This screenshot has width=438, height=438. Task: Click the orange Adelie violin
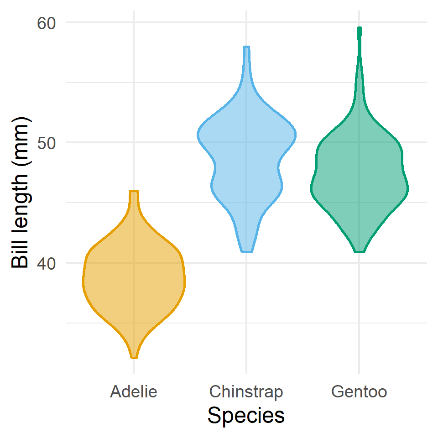(134, 283)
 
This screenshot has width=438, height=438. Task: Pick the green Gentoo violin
(360, 178)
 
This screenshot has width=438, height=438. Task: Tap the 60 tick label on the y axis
(46, 22)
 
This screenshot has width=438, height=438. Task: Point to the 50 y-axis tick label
(46, 142)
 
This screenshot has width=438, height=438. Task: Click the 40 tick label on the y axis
(46, 263)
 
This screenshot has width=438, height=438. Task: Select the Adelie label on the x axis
(134, 391)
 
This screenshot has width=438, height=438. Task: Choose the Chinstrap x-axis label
(246, 391)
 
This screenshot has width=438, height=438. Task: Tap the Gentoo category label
(360, 391)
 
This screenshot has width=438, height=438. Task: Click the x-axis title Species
(246, 416)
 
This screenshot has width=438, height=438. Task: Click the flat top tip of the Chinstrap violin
(247, 47)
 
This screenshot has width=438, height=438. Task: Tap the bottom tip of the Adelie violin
(134, 357)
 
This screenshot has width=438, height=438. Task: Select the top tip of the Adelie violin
(134, 192)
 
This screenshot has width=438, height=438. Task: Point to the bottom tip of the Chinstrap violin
(247, 251)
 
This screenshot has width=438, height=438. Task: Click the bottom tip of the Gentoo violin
(360, 251)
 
